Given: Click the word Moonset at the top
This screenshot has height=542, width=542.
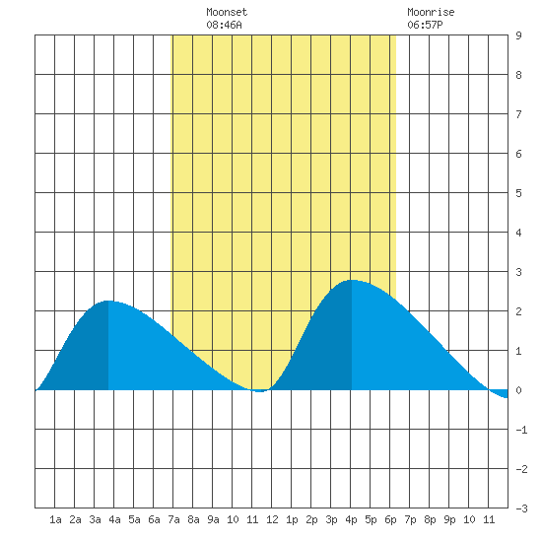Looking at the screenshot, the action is pos(227,12).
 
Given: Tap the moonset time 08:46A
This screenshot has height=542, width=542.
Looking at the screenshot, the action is pos(224,25).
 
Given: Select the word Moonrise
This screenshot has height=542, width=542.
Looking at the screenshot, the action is pos(431,12).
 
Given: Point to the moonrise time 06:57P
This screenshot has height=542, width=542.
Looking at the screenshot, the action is pos(425,25).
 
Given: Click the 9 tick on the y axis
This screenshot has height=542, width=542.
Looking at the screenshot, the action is pos(518,35).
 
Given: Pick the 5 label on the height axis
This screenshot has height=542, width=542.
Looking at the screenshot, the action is pos(518,193).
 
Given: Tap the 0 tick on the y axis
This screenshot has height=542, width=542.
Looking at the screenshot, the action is pos(518,390).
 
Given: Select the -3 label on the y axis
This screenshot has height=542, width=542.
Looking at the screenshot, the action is pos(521,508).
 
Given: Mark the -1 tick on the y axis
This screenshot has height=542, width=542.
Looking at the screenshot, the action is pos(521,430).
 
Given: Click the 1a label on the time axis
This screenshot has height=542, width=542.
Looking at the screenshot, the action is pos(55,519).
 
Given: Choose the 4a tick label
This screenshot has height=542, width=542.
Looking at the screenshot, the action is pos(114,519).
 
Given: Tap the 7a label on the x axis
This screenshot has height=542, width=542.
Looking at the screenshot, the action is pos(173,519).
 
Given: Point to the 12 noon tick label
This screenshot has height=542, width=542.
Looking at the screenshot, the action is pos(272,519).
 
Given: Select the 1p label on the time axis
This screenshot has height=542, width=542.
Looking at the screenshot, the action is pos(292,519).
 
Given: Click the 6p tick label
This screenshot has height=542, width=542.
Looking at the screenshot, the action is pos(390,519).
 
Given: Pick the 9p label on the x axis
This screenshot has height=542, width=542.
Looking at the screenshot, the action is pos(449,519).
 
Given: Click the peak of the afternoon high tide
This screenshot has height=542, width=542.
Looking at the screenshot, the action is pos(352,280).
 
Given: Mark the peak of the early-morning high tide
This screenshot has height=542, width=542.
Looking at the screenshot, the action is pos(108,302).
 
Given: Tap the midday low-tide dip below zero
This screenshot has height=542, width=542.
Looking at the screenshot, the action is pos(260,391).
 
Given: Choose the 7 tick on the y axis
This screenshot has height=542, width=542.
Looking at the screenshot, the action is pos(518,114).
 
